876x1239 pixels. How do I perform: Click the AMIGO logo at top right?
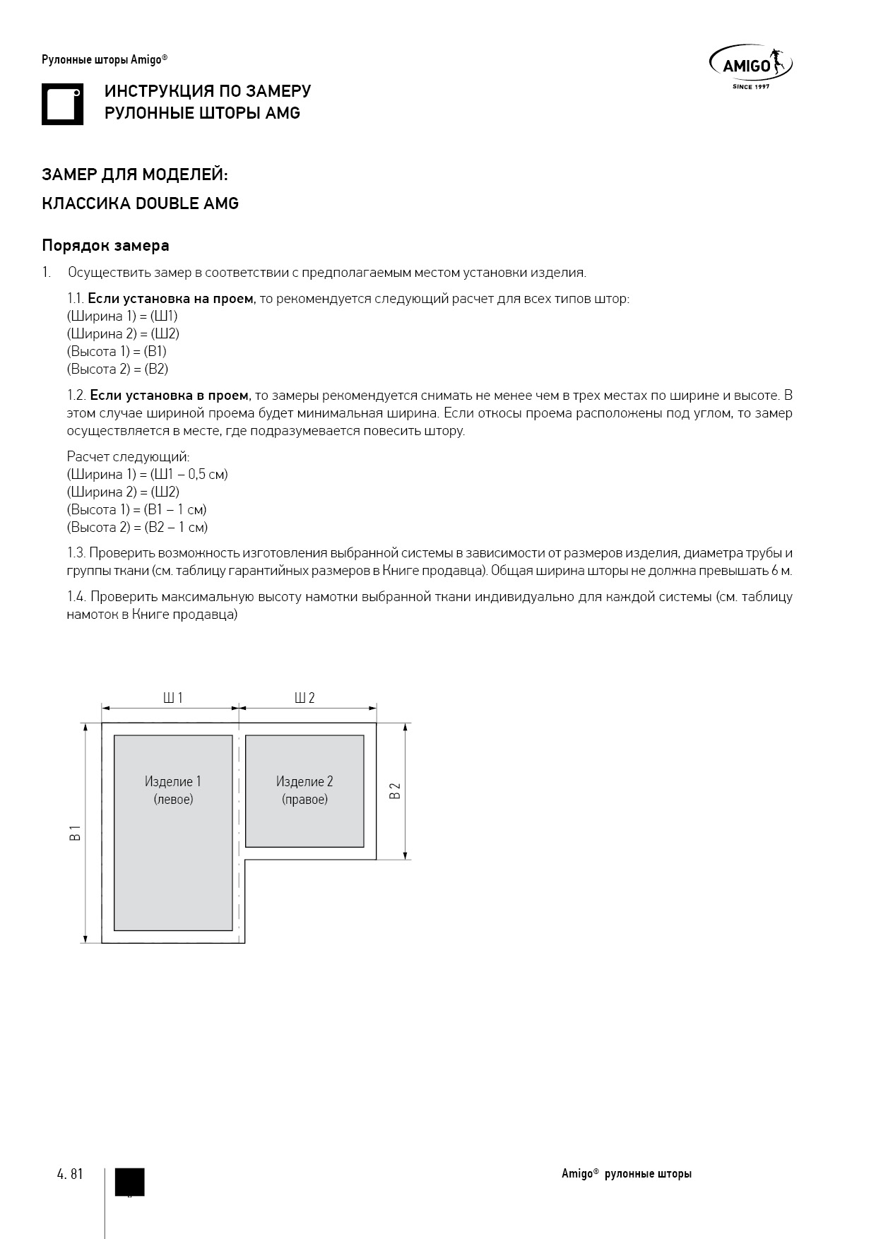point(750,64)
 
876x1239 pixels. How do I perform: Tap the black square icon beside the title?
point(62,105)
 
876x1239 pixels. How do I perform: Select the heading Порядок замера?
point(105,246)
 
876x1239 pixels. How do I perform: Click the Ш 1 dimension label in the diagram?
point(173,698)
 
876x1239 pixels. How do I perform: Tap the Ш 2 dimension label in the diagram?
point(304,698)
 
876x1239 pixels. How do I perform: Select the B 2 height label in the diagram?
point(396,790)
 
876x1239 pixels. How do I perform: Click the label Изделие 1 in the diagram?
point(173,781)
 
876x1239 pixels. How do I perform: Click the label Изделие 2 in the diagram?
point(304,781)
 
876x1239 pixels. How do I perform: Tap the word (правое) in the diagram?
point(304,800)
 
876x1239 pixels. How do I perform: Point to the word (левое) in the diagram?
point(173,800)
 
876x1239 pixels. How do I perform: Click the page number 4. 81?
point(70,1174)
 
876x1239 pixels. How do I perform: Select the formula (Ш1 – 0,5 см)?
point(189,475)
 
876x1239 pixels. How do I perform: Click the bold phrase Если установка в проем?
point(170,396)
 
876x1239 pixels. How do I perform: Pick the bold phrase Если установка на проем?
point(170,299)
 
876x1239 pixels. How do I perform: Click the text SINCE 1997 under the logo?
point(750,87)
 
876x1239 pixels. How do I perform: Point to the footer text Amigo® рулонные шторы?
point(627,1174)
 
